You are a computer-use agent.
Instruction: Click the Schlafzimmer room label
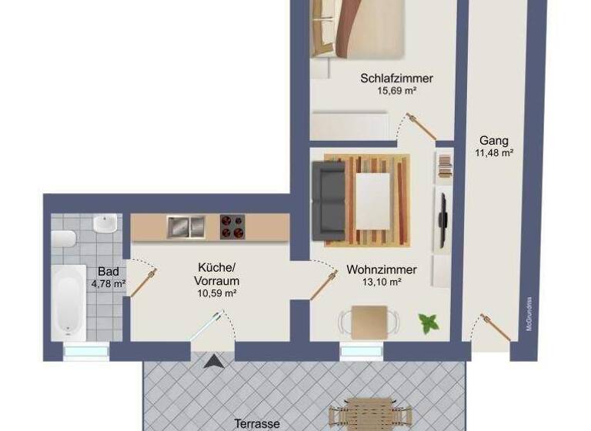pos(396,78)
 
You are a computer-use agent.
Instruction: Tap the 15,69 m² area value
pos(396,91)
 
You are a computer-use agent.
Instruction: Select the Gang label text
pos(493,141)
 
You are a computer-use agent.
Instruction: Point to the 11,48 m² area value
pos(494,153)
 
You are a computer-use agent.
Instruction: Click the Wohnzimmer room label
pos(382,269)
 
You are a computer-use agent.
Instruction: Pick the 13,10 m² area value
pos(382,282)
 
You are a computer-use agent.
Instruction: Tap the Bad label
pos(108,272)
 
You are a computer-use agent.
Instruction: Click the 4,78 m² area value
pos(109,283)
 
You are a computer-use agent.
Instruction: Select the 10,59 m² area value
pos(216,292)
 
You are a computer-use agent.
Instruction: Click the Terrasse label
pos(257,423)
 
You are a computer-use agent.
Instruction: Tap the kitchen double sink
pos(185,226)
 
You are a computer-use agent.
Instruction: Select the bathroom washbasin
pos(105,225)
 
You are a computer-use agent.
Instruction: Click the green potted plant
pos(427,322)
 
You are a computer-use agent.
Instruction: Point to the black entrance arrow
pos(212,361)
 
